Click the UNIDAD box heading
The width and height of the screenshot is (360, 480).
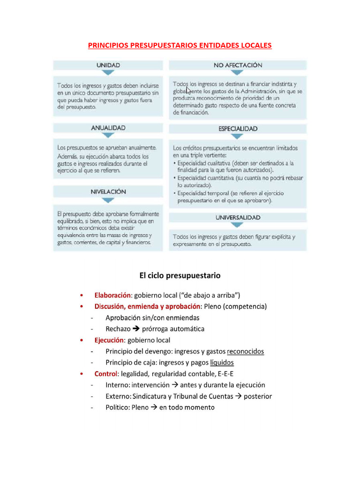coord(108,65)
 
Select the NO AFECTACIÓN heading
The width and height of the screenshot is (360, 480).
coord(238,65)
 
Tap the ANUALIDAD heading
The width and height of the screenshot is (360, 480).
coord(108,127)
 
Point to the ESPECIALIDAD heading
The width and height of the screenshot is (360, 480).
coord(238,128)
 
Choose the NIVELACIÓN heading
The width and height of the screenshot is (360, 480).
coord(108,191)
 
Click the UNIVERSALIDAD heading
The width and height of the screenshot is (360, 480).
coord(238,217)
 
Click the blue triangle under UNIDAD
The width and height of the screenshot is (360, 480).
coord(108,73)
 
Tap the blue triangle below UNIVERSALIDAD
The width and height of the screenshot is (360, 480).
coord(238,225)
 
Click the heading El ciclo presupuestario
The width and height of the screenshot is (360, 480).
coord(180,275)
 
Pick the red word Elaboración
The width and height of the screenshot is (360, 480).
coord(112,295)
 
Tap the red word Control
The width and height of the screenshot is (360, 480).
coord(106,374)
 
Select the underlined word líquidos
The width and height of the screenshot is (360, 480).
coord(222,363)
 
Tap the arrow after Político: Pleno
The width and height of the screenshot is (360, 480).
coord(153,408)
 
